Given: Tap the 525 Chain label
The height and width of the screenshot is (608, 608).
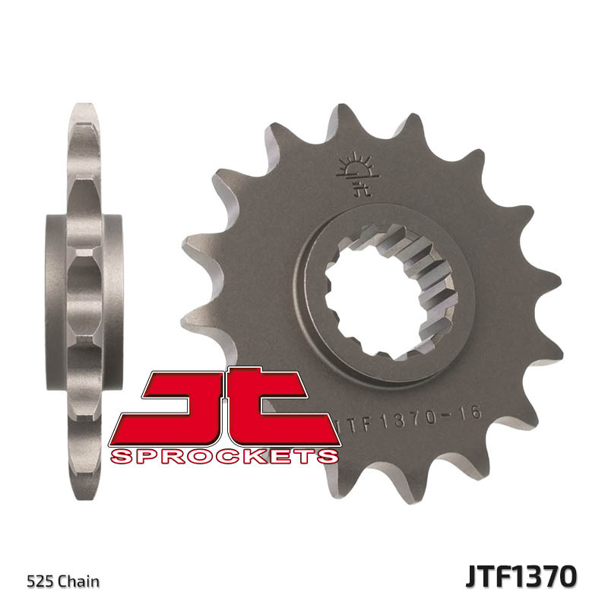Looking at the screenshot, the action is pyautogui.click(x=64, y=582).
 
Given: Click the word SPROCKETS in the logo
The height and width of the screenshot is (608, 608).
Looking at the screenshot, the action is pyautogui.click(x=224, y=456).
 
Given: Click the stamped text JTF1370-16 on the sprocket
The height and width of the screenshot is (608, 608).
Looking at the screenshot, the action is pyautogui.click(x=388, y=420).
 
